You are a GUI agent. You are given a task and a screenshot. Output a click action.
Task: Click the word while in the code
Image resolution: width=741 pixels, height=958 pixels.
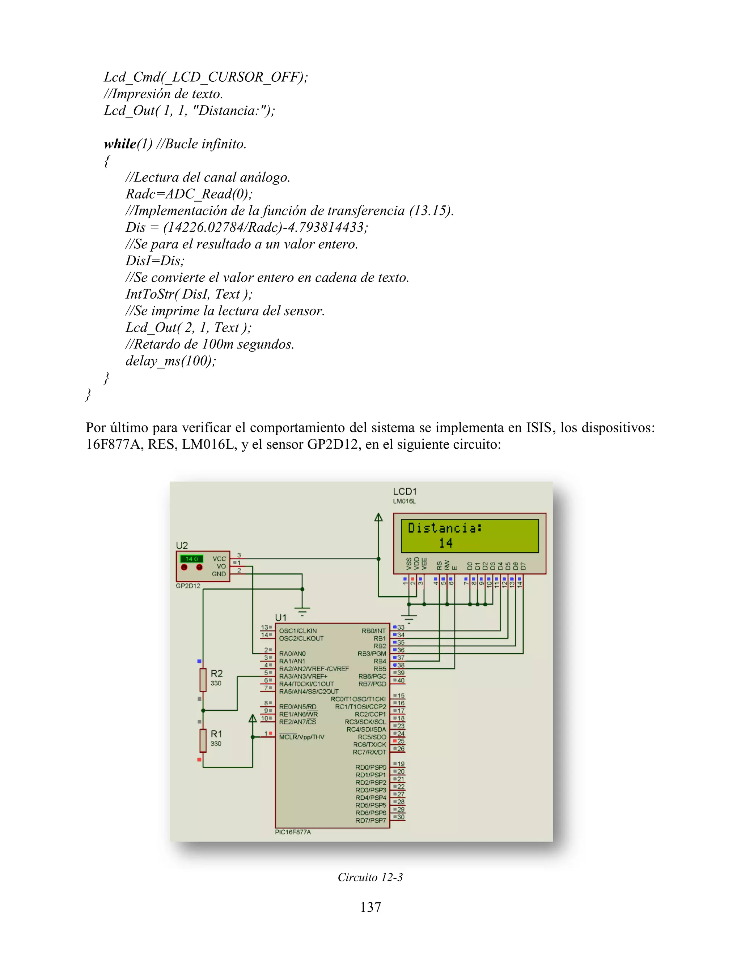120,144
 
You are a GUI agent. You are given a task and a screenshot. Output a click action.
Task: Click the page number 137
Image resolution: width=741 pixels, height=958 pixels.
370,907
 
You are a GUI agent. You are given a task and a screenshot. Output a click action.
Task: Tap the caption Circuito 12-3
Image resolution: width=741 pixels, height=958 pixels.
370,877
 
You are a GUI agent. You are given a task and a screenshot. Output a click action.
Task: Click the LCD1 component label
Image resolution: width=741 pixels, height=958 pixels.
404,492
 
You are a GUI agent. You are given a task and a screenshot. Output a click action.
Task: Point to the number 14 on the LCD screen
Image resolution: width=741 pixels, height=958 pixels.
446,543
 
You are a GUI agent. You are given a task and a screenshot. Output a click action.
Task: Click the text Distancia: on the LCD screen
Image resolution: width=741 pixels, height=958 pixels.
445,528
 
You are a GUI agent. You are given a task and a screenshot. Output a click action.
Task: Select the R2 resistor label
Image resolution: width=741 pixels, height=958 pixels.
216,673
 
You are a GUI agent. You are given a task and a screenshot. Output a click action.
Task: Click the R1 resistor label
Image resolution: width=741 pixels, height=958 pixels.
216,734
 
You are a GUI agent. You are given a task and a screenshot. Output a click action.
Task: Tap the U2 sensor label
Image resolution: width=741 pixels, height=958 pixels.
182,545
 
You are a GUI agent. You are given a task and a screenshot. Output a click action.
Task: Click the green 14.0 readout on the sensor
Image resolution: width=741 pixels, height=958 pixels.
192,559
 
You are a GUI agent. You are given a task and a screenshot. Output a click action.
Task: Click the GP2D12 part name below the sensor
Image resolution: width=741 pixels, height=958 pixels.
188,586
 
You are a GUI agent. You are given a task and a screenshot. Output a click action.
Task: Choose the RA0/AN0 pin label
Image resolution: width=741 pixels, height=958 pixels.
292,654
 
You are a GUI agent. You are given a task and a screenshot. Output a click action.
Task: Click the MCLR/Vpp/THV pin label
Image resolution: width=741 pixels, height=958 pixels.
302,737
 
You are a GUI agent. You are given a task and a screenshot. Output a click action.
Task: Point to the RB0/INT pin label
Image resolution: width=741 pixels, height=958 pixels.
373,631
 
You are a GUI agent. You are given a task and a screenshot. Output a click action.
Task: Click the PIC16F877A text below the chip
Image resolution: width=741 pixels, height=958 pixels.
293,832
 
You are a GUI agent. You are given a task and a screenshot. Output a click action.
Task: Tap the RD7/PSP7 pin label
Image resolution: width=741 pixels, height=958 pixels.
371,820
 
